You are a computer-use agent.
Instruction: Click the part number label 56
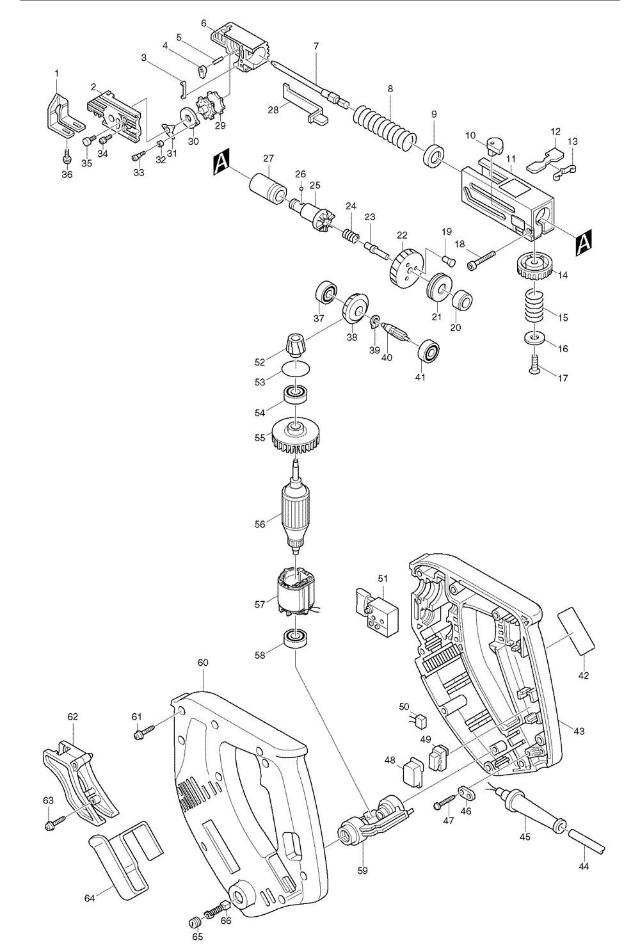click(259, 524)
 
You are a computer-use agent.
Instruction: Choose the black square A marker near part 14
click(584, 242)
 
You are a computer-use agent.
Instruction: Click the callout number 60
click(203, 663)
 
